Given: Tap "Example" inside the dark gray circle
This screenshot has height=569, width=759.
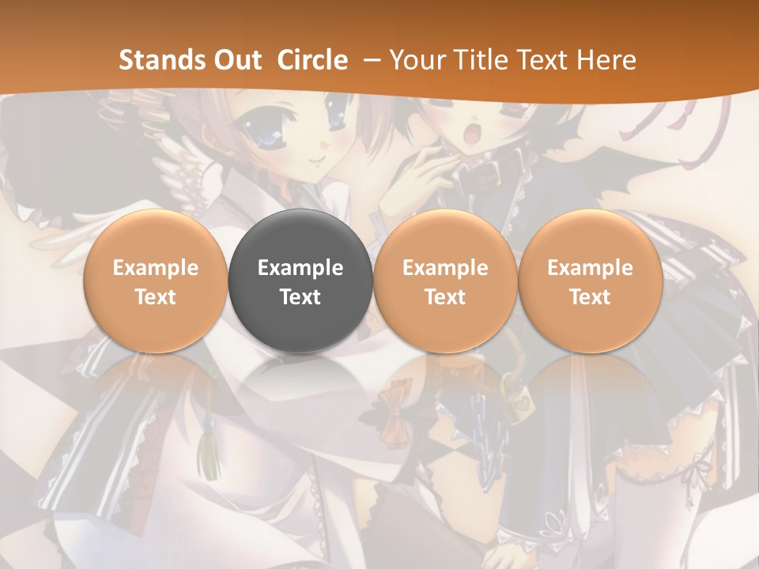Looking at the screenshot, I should coord(300,268).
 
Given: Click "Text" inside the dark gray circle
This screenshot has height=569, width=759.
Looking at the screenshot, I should coord(300,297).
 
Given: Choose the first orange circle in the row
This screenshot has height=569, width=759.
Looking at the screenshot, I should coord(156,281).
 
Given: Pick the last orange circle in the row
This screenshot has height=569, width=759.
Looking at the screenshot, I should coord(590,281).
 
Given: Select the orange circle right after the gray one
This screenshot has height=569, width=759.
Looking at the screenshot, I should coord(445,281).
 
